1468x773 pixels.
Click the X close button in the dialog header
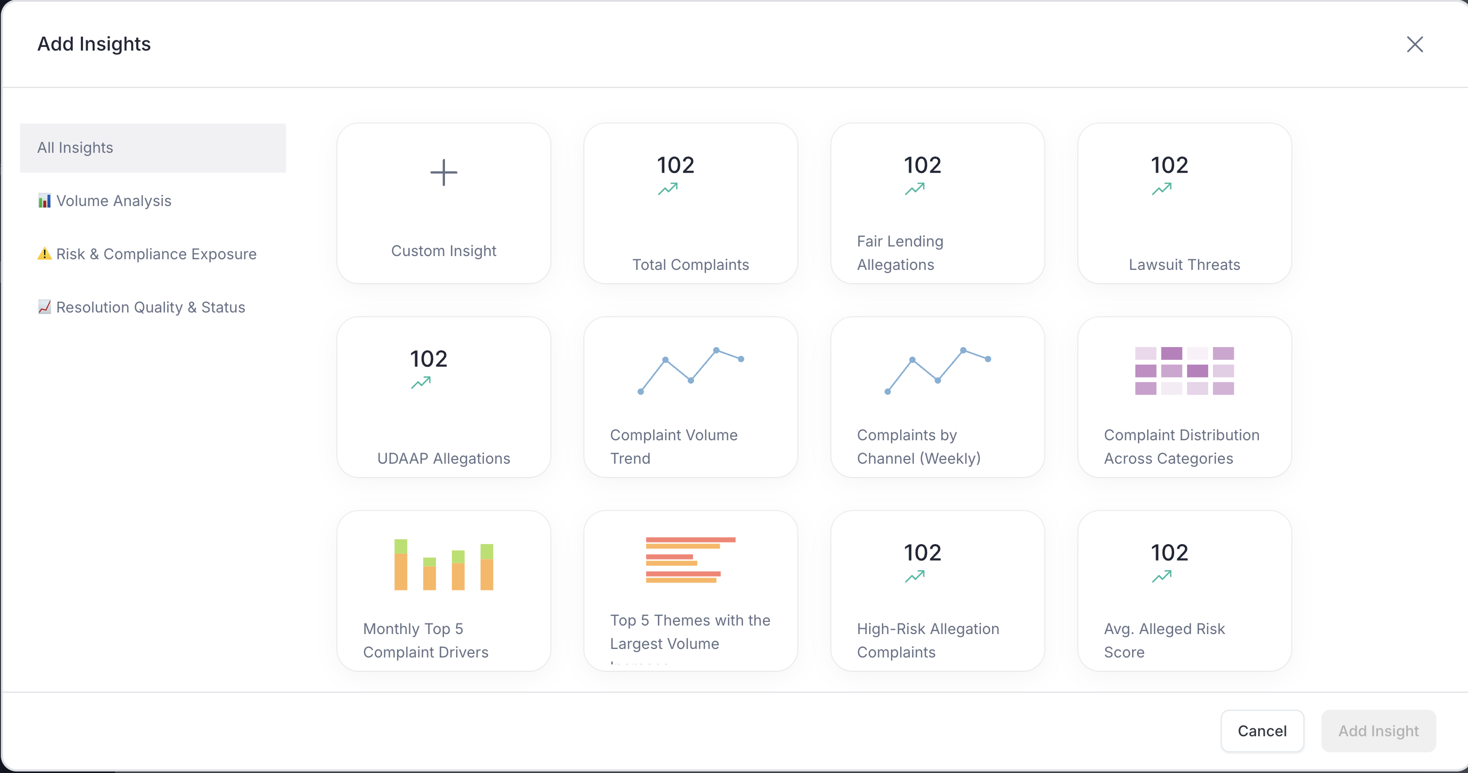tap(1414, 45)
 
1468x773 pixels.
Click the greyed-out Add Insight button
tap(1378, 731)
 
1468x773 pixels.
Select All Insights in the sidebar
tap(153, 147)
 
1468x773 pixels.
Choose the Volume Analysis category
tap(114, 201)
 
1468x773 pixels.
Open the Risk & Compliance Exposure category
tap(156, 254)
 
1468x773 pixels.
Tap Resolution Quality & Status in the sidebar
tap(151, 307)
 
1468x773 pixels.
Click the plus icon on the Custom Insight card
tap(443, 172)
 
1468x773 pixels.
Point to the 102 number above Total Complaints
tap(675, 166)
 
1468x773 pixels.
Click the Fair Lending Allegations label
tap(900, 252)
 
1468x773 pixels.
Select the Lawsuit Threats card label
tap(1184, 265)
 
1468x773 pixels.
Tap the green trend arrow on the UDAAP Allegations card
tap(420, 383)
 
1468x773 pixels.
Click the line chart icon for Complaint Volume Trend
tap(690, 371)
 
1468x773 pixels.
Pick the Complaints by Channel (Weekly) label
tap(918, 446)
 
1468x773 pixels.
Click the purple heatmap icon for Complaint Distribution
tap(1184, 371)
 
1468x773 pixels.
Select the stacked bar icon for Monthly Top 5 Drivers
tap(443, 564)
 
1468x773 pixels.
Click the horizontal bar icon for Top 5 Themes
tap(690, 560)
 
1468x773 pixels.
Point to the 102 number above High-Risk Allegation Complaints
tap(922, 553)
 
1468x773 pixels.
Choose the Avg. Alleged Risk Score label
tap(1164, 640)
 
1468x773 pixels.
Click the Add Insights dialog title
tap(94, 44)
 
